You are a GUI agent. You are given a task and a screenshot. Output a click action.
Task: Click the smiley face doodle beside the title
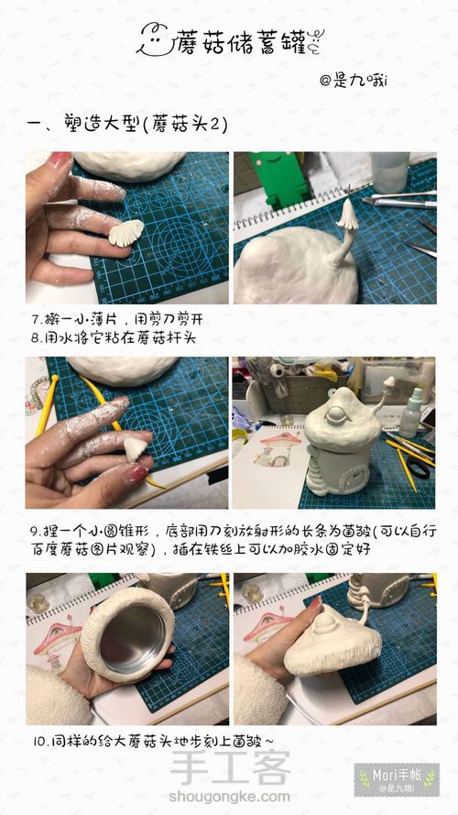(156, 40)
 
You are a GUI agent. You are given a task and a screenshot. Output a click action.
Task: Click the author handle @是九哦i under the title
(354, 81)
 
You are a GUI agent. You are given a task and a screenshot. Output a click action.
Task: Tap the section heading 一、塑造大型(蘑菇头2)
(127, 125)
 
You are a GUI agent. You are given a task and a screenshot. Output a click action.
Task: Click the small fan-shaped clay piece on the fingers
(126, 232)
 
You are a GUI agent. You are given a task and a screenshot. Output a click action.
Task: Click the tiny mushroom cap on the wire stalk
(347, 215)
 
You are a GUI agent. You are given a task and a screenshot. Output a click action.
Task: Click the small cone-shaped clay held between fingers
(135, 449)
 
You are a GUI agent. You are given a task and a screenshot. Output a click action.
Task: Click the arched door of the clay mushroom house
(352, 477)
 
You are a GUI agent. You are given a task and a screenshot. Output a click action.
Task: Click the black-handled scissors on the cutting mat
(417, 466)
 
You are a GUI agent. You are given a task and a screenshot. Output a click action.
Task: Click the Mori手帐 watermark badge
(397, 779)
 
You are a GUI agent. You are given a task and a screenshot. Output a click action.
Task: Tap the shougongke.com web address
(229, 797)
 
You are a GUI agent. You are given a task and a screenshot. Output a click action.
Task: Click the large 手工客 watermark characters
(230, 767)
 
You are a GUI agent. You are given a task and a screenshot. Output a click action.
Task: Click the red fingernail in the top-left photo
(60, 159)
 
